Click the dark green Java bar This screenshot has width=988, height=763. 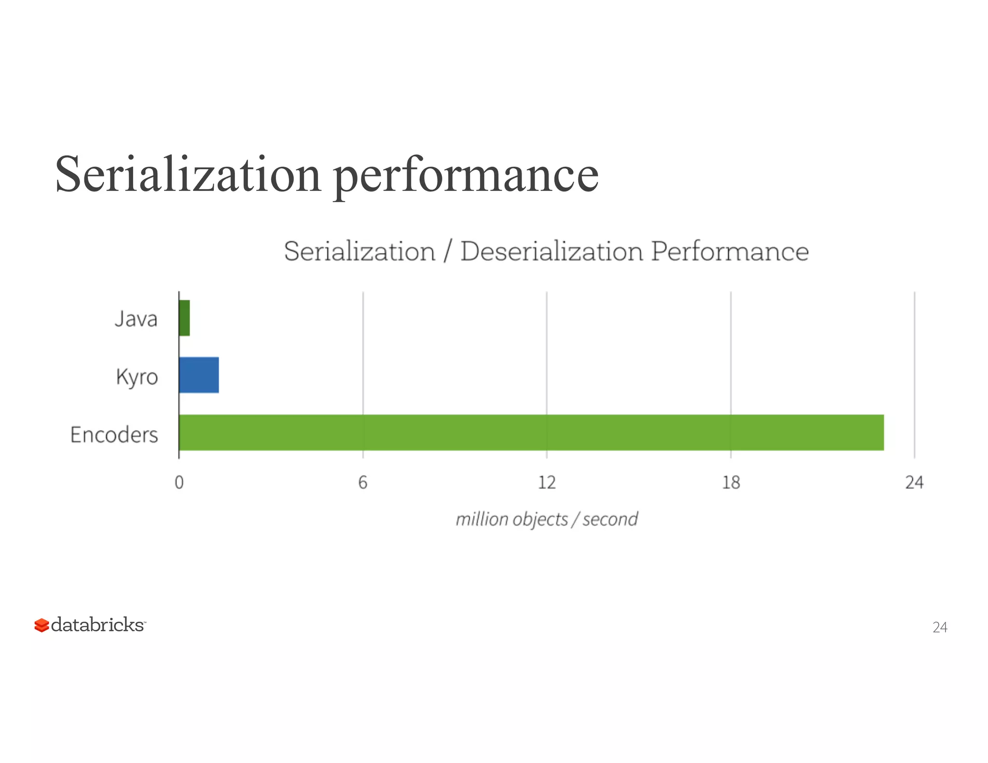click(x=184, y=318)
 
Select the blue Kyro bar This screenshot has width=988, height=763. click(x=199, y=375)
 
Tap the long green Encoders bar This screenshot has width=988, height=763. click(x=531, y=432)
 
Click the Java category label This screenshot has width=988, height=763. click(x=136, y=319)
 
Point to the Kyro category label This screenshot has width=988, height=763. click(x=137, y=377)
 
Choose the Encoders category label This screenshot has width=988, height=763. click(x=114, y=435)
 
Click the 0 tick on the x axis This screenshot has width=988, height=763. click(x=179, y=482)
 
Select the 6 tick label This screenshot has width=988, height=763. click(x=363, y=482)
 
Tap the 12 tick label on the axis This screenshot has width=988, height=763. click(x=547, y=482)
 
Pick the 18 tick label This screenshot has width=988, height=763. click(x=731, y=482)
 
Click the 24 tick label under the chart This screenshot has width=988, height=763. click(x=914, y=482)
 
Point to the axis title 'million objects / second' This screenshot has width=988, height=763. click(x=547, y=519)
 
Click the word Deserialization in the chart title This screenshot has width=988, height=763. click(x=551, y=251)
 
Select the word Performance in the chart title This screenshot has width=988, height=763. click(x=729, y=251)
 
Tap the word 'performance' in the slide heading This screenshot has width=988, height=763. click(x=466, y=175)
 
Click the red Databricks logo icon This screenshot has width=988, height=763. click(x=41, y=625)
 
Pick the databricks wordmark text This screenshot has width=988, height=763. click(x=97, y=625)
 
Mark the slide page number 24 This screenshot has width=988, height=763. click(x=940, y=627)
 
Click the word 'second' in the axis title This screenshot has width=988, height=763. click(x=610, y=519)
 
